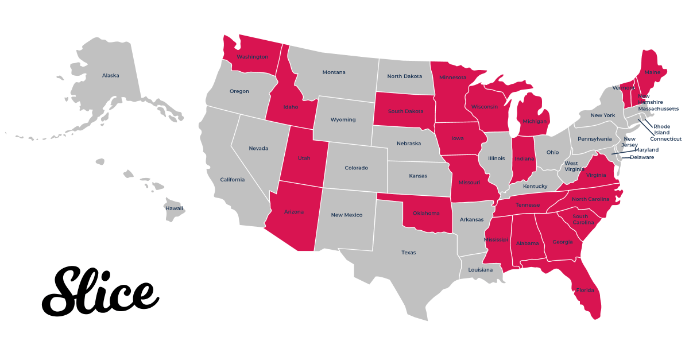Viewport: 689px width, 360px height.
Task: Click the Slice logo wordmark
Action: [100, 292]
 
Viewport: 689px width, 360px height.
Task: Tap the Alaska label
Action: [111, 75]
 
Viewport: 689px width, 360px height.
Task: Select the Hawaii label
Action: [175, 208]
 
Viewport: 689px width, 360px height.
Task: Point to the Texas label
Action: [408, 253]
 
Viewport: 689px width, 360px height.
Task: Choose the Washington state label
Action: [252, 57]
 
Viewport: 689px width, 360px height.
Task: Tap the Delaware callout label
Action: [642, 157]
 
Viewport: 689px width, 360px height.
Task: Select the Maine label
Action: [652, 72]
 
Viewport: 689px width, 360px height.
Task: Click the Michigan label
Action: [534, 122]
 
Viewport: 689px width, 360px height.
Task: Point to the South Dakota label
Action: [402, 111]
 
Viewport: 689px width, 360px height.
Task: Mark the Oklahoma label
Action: [426, 213]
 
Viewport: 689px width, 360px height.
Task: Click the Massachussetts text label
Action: [658, 109]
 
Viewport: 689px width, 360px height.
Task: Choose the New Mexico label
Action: [347, 215]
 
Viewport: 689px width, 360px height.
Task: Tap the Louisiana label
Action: [480, 269]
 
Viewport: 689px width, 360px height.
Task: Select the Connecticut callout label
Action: [665, 139]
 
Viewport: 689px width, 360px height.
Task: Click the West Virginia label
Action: [571, 167]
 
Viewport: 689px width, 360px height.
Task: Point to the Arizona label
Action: [294, 212]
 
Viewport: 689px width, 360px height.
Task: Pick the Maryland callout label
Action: [647, 150]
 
